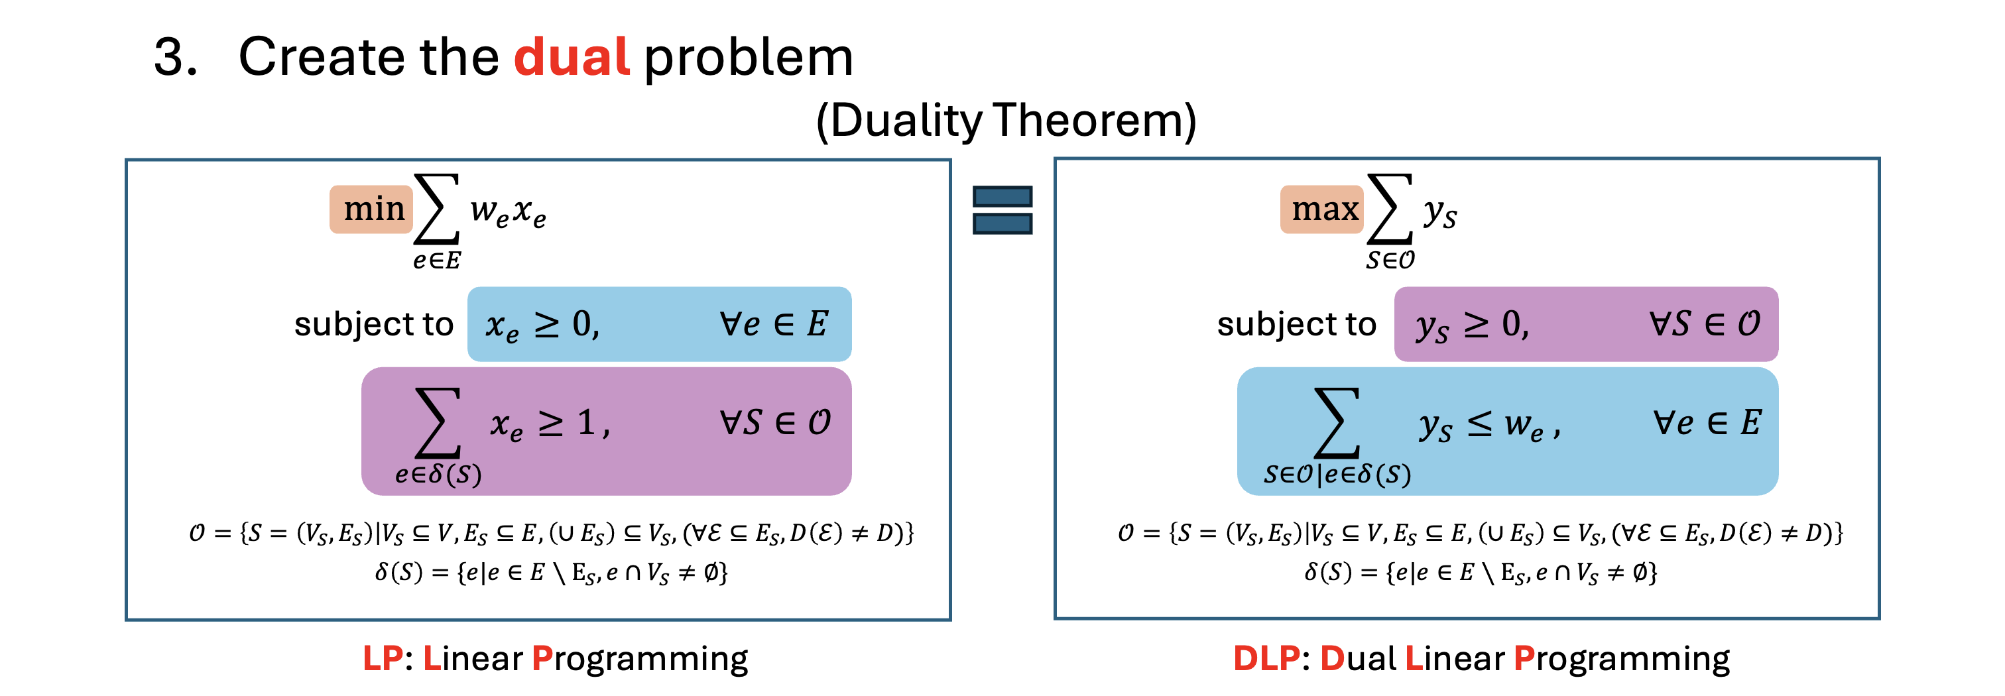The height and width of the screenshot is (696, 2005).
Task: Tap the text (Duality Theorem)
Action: pyautogui.click(x=1006, y=121)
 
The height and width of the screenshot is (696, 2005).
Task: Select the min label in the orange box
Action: pyautogui.click(x=373, y=209)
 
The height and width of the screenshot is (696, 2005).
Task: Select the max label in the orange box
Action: pyautogui.click(x=1323, y=209)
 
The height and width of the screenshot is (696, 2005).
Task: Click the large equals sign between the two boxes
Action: pyautogui.click(x=1002, y=209)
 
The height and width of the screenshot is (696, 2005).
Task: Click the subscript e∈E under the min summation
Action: pyautogui.click(x=437, y=260)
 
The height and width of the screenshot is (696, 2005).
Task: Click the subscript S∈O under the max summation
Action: pyautogui.click(x=1390, y=260)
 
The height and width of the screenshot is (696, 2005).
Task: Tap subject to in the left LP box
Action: pyautogui.click(x=373, y=324)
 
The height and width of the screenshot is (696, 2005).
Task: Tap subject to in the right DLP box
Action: pyautogui.click(x=1297, y=324)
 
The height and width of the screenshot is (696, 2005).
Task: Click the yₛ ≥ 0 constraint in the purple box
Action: pyautogui.click(x=1472, y=324)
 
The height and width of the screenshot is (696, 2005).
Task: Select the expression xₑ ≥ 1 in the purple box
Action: pyautogui.click(x=549, y=424)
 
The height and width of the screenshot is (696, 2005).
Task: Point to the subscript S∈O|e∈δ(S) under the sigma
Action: pyautogui.click(x=1337, y=474)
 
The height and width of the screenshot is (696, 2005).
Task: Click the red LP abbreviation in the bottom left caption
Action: pyautogui.click(x=382, y=659)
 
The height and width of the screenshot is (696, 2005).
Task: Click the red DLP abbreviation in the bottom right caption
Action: pyautogui.click(x=1266, y=659)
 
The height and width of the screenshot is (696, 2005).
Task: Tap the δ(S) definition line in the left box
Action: pyautogui.click(x=551, y=573)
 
